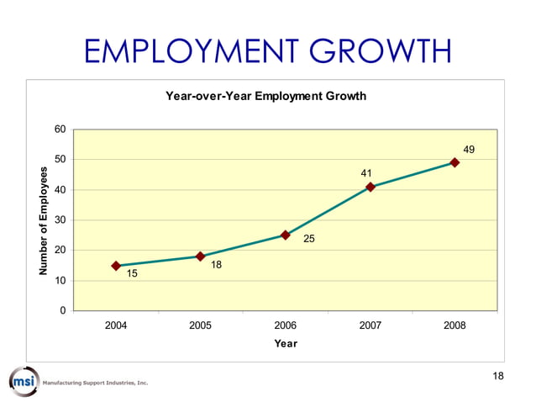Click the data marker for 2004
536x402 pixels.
coord(116,266)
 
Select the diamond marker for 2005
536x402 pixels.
coord(201,257)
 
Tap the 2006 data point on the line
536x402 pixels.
coord(286,235)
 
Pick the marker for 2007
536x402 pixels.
coord(370,187)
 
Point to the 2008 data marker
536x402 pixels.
coord(455,162)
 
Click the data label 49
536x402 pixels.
coord(469,150)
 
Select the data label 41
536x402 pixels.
coord(366,173)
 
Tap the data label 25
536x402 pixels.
coord(308,240)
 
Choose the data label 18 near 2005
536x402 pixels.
coord(216,265)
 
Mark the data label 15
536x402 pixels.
coord(132,274)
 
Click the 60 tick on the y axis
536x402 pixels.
coord(60,130)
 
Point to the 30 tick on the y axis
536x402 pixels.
coord(60,220)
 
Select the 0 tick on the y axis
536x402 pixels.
coord(62,311)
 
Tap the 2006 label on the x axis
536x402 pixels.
coord(286,325)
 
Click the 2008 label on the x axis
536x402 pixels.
coord(455,325)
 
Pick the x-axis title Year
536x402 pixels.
coord(286,343)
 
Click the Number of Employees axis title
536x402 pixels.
coord(43,220)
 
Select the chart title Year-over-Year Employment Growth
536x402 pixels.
coord(266,97)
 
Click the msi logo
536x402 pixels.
coord(24,381)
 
